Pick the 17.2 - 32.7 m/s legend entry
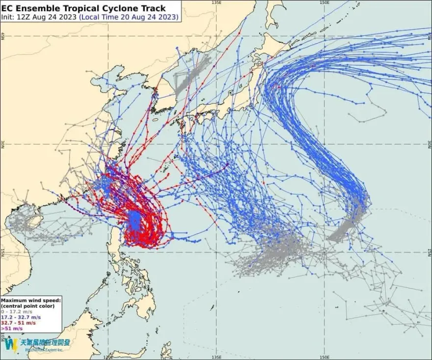22,317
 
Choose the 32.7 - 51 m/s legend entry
19,323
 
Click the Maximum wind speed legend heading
31,300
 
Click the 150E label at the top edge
324,2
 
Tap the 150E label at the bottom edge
324,357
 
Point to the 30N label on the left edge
2,144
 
